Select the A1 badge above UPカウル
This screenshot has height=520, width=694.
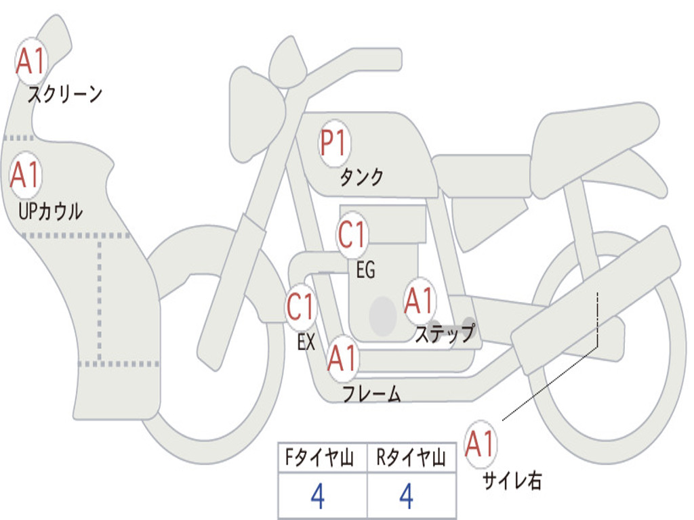tap(26, 175)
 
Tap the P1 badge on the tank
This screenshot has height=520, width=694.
tap(334, 144)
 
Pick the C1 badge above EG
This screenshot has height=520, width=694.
tap(352, 234)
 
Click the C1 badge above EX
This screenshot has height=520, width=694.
tap(301, 307)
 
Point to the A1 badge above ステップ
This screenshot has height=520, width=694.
tap(420, 301)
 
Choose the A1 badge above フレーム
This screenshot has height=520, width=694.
tap(343, 357)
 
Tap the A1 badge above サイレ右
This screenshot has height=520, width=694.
tap(481, 444)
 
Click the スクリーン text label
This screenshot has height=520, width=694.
tap(65, 94)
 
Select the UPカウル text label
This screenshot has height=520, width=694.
tap(50, 211)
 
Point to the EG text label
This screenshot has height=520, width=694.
tap(365, 269)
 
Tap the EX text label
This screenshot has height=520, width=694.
tap(306, 342)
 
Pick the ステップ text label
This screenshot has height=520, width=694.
tap(445, 333)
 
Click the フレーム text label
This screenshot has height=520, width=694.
tap(372, 393)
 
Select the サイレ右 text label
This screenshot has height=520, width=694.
tap(512, 480)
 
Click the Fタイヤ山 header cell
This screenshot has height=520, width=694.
tap(323, 458)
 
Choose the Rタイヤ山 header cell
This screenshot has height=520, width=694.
tap(411, 458)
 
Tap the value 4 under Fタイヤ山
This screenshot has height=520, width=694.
tap(318, 496)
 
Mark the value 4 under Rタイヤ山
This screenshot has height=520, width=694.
tap(407, 496)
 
